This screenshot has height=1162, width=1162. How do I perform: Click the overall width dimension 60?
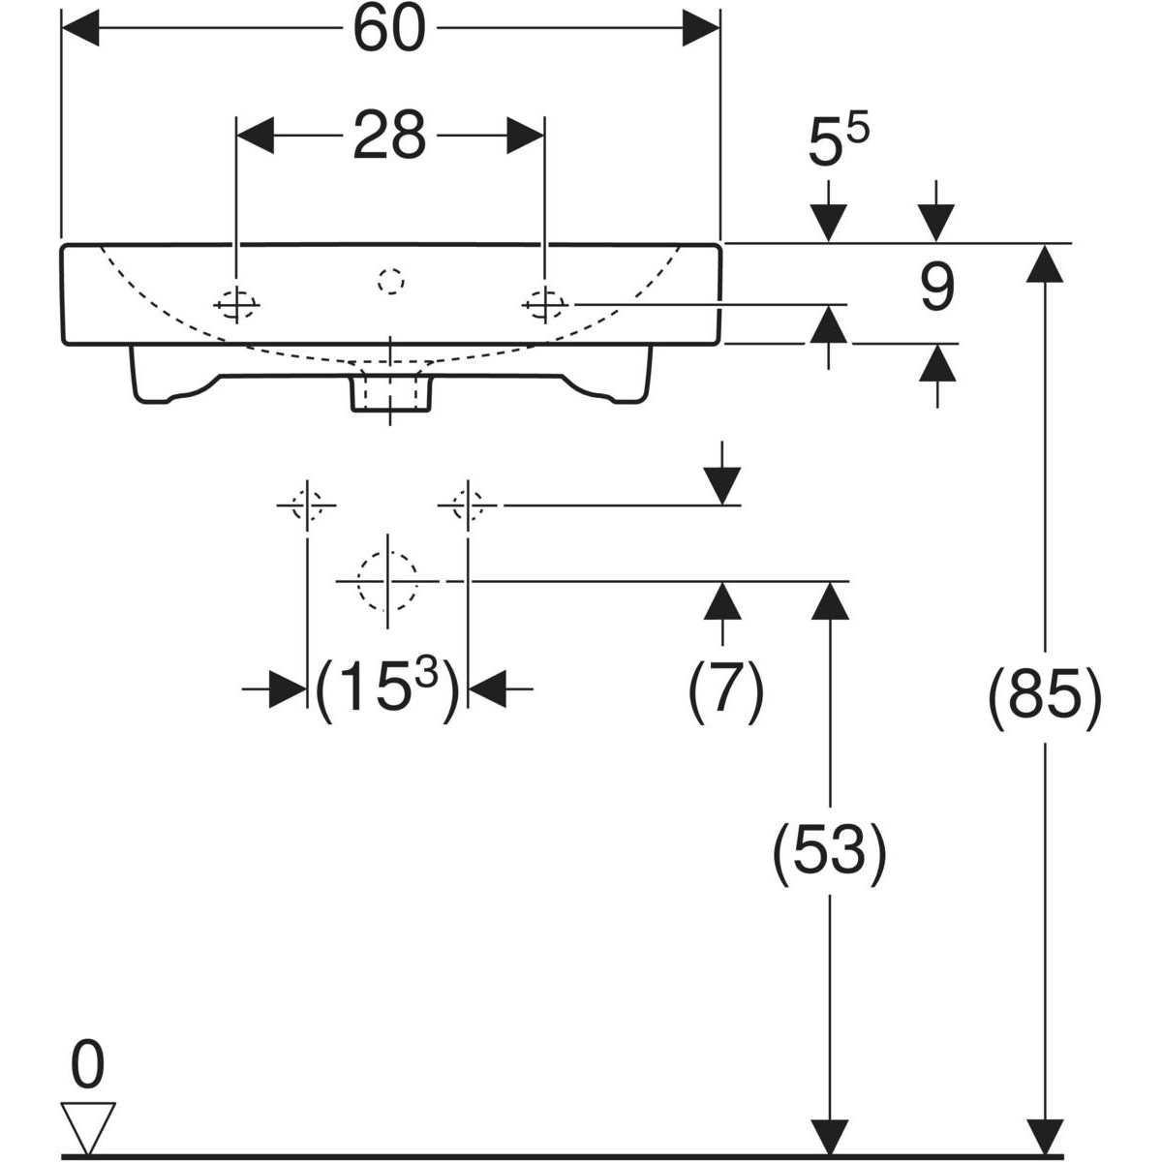click(x=389, y=30)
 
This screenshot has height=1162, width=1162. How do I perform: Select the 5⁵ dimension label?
click(x=839, y=144)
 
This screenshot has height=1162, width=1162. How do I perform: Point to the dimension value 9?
click(x=935, y=289)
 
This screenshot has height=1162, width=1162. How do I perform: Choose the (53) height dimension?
click(x=829, y=851)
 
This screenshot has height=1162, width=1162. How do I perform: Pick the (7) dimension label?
click(x=725, y=691)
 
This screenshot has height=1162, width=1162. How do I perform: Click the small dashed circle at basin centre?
click(x=390, y=281)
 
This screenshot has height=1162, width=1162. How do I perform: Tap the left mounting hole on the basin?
click(x=236, y=305)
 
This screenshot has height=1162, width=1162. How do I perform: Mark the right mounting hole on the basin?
click(x=544, y=305)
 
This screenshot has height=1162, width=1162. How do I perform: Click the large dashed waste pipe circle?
click(x=387, y=580)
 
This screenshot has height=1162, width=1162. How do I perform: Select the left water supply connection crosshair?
click(x=307, y=505)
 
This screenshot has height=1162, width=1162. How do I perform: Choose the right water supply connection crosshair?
click(x=468, y=505)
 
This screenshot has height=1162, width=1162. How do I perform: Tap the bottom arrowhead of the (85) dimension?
click(x=1044, y=1135)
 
